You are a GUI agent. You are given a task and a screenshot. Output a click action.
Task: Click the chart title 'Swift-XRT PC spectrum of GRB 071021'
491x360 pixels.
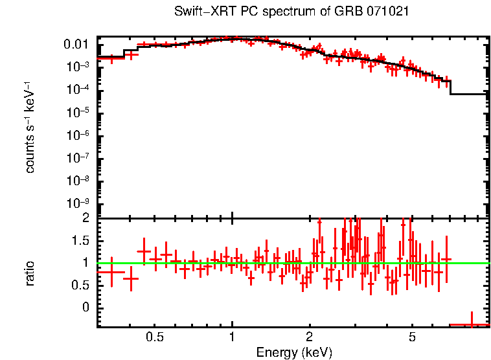tap(291, 12)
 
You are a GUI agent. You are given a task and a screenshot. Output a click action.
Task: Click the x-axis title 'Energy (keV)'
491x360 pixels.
tap(293, 352)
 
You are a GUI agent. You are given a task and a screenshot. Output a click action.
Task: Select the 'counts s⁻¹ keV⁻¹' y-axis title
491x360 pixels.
tap(30, 127)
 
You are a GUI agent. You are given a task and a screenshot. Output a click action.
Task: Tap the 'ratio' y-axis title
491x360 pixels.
tap(30, 273)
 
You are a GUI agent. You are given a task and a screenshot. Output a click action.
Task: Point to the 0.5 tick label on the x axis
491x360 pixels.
tap(154, 337)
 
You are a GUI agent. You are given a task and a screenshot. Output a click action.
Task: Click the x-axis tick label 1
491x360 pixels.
tap(232, 337)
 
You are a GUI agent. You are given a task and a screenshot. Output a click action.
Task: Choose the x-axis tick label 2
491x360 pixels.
tap(310, 337)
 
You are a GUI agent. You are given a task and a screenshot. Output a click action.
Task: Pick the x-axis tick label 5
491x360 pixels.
tap(412, 337)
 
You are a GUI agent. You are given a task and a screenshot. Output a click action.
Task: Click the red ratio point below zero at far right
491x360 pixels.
tap(471, 324)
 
